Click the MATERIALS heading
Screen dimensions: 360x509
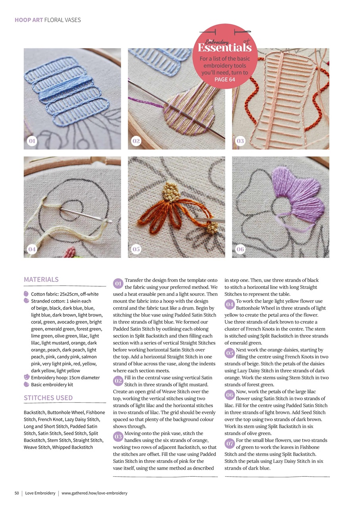41,280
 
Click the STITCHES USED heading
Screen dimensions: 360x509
48,398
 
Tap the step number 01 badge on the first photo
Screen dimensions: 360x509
32,141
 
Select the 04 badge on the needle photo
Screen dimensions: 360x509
32,249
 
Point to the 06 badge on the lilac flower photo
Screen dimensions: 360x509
240,249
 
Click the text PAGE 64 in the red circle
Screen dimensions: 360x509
225,80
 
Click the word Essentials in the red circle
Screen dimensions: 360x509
225,48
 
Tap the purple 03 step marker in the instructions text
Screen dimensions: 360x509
118,436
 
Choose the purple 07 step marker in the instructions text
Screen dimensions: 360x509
230,443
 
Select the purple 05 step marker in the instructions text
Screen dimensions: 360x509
230,353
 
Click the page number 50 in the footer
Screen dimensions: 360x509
17,493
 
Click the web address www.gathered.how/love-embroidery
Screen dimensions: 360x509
95,493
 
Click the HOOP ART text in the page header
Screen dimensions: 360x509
29,20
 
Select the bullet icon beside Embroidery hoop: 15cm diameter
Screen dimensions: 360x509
27,377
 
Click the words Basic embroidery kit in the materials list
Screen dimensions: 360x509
52,385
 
